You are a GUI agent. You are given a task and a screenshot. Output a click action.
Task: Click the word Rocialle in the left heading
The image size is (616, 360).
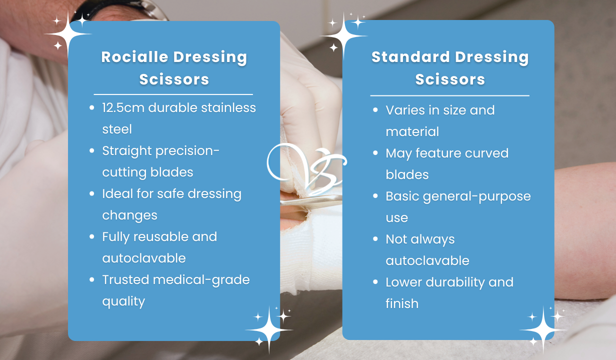coord(135,57)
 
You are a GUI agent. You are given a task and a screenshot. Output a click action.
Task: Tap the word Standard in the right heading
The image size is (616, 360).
coord(410,57)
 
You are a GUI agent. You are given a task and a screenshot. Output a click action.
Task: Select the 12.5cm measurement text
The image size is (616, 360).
coord(123,107)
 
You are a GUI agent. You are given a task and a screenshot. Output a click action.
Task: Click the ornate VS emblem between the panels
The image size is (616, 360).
coord(307,168)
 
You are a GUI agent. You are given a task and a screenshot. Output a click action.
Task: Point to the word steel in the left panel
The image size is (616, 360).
coord(117,129)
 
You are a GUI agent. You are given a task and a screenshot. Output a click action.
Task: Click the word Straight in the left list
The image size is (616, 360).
coord(127,151)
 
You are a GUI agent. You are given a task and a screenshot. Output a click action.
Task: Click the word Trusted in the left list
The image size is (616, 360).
coord(125,279)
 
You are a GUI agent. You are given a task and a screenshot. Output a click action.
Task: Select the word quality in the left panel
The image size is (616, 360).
coord(123,301)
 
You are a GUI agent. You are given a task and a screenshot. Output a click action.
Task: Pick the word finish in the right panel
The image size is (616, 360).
coord(402,303)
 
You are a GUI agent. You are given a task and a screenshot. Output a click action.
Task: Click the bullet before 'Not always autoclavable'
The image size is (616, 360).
coord(375,239)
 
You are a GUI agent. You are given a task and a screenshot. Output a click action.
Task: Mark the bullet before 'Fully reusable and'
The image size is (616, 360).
coord(92,236)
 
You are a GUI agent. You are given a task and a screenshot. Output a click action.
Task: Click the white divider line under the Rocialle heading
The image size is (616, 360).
coord(173,94)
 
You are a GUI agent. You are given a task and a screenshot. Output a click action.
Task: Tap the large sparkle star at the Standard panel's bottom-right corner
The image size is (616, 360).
coord(543,329)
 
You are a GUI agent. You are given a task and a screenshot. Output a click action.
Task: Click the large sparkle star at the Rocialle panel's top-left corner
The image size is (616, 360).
coord(67,34)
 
